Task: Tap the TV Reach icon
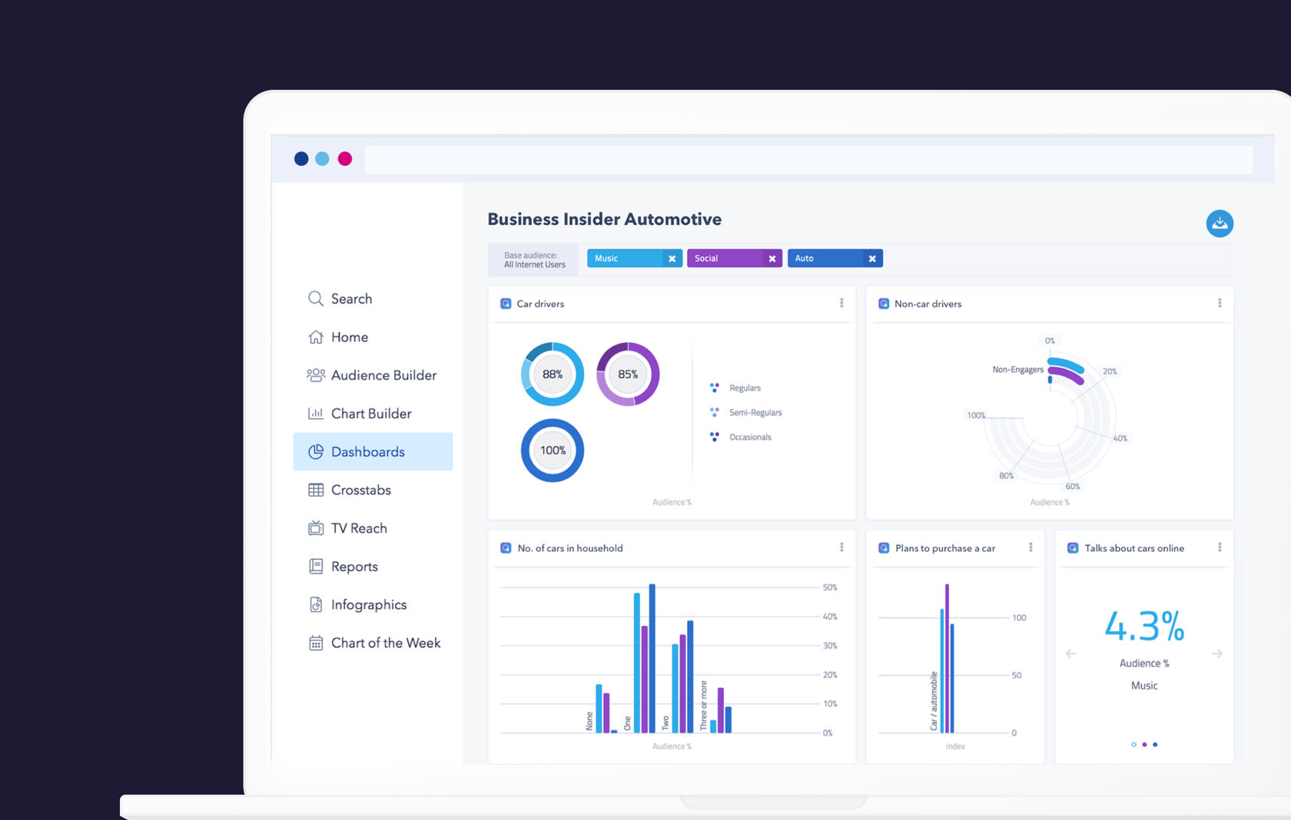(x=316, y=528)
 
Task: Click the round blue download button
(x=1219, y=223)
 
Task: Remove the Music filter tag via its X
(x=672, y=259)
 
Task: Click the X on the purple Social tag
(x=772, y=259)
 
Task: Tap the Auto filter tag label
(x=805, y=259)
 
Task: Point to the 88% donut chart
(x=553, y=375)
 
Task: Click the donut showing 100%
(x=553, y=451)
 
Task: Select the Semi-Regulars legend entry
(x=755, y=413)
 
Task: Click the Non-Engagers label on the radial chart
(x=1017, y=370)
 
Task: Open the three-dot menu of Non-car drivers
(x=1220, y=303)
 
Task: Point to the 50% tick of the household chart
(x=830, y=587)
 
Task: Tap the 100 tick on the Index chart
(x=1019, y=618)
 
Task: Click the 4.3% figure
(x=1144, y=627)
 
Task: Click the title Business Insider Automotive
(x=604, y=220)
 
